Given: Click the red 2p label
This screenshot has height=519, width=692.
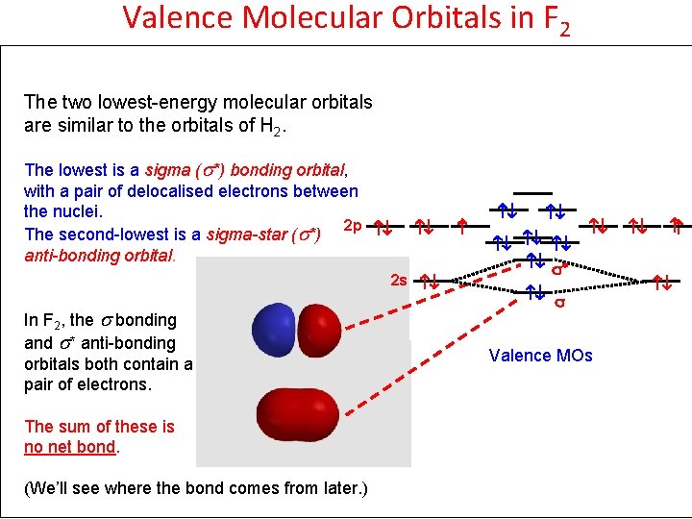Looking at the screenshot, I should click(352, 226).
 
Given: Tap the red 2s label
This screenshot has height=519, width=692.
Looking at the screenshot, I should click(399, 281).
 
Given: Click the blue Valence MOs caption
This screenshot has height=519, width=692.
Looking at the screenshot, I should click(540, 356).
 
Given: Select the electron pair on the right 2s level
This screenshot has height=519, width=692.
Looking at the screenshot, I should click(661, 283).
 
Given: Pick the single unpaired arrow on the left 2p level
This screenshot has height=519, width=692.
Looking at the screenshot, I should click(461, 228).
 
